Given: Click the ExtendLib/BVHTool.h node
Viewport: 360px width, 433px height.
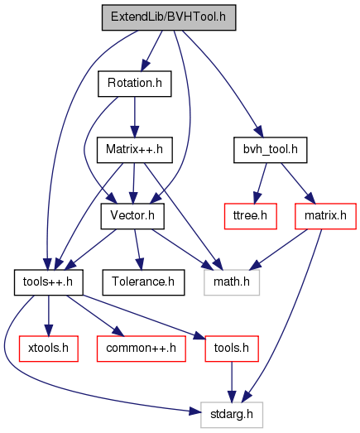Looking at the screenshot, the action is pos(169,17).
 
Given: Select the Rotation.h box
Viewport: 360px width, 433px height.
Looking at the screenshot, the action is pos(134,84).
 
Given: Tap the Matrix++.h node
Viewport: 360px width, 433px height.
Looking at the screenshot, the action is pos(134,150).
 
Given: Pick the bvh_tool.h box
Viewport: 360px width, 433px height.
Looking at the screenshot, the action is pos(271,150).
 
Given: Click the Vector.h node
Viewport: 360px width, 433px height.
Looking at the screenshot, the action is pos(132,216).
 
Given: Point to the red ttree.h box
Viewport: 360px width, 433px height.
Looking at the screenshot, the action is pos(251,216).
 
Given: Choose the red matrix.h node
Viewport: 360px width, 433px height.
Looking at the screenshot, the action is pos(325,216).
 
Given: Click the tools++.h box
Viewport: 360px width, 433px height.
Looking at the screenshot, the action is pos(48,282).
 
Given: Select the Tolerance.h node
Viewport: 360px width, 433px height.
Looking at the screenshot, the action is pos(143,282).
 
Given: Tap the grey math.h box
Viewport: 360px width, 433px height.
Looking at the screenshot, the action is pos(232,282).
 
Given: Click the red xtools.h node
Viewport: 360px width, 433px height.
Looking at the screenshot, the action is pos(48,349).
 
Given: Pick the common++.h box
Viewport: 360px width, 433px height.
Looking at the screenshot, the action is pos(141,349).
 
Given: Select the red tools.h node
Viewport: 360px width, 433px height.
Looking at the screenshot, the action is pos(232,349).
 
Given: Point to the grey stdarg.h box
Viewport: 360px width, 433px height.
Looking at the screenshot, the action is pos(232,415).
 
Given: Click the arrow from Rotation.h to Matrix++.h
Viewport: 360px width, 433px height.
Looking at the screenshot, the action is pos(134,117).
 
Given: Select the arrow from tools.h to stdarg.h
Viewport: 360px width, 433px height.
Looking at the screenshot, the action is pos(232,382).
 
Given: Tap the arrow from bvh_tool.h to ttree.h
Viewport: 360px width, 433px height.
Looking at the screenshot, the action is pos(261,183).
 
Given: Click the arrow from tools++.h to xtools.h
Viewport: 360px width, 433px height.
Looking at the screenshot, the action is pos(49,315).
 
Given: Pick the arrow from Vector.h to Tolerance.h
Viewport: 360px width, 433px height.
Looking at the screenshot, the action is pos(137,249).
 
